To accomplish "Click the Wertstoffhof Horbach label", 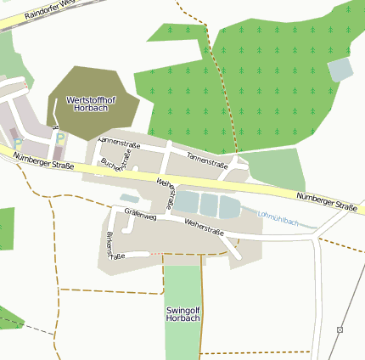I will click(x=90, y=104).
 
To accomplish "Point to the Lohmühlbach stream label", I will click(x=278, y=220).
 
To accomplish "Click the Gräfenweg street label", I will click(x=140, y=217).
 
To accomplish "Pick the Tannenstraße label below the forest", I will click(x=209, y=159).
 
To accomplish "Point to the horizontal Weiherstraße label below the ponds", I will click(x=204, y=227).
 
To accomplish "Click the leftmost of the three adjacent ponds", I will click(x=186, y=202).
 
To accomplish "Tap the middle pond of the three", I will click(x=209, y=205).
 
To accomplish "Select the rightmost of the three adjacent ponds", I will click(x=229, y=207).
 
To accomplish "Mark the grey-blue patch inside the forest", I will click(x=340, y=70).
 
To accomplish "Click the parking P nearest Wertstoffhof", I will click(x=59, y=138).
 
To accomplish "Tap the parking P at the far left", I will click(x=17, y=144).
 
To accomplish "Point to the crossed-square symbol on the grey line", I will click(x=340, y=329).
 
